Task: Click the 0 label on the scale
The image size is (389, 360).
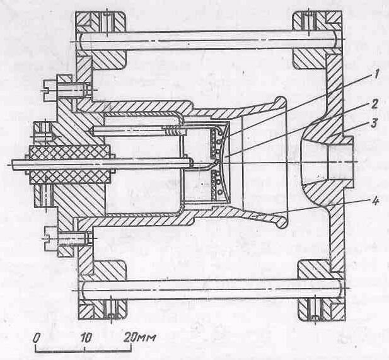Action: [37, 337]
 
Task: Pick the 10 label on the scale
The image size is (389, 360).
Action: [87, 337]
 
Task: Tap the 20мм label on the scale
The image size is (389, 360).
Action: [138, 337]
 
